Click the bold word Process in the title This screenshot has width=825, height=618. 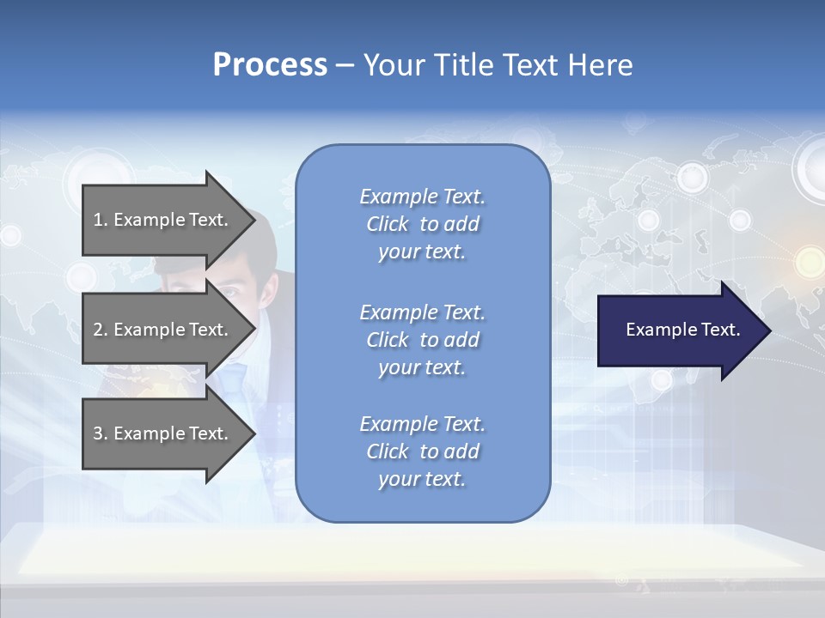(x=270, y=65)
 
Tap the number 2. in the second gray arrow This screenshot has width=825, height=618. (x=101, y=330)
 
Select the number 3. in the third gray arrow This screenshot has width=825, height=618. (x=101, y=433)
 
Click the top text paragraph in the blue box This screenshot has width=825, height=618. (x=422, y=224)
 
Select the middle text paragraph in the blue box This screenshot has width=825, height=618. (x=422, y=340)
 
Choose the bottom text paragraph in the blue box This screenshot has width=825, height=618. (x=422, y=451)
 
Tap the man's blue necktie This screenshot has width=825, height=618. (x=234, y=378)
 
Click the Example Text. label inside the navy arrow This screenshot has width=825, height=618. (x=682, y=330)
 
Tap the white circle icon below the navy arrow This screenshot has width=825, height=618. (x=662, y=379)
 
